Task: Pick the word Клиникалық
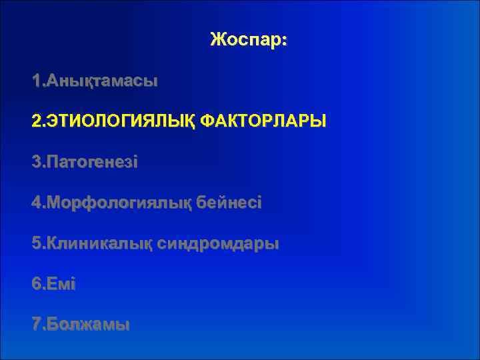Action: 98,244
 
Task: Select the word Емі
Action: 61,285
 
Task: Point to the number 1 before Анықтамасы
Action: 36,81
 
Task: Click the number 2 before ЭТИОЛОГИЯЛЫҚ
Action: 36,122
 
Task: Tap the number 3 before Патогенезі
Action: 36,163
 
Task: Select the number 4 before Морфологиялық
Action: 36,203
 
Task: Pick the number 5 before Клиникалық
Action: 36,244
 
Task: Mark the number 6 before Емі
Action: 36,285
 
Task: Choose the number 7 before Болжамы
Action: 36,325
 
